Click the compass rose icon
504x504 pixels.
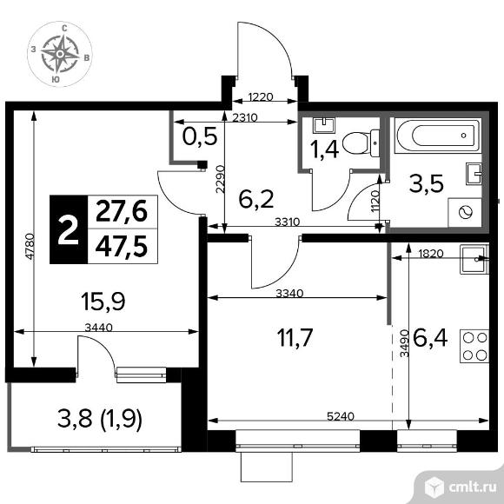click(x=60, y=54)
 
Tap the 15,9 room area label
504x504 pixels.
click(x=103, y=302)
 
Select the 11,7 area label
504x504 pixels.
click(x=295, y=337)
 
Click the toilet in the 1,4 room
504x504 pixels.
click(x=361, y=143)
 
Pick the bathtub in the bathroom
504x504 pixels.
click(x=439, y=136)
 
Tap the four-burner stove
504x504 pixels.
click(x=474, y=346)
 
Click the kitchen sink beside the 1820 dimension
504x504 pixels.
click(x=474, y=259)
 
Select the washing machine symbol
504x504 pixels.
click(x=465, y=213)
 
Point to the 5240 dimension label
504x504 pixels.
click(x=341, y=416)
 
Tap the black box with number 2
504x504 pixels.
click(x=69, y=229)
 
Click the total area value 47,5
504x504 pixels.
click(x=122, y=247)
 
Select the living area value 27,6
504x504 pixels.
click(x=122, y=211)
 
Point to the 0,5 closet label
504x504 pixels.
click(x=200, y=136)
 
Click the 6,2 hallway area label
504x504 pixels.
click(x=256, y=199)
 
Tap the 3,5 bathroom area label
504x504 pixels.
click(x=426, y=184)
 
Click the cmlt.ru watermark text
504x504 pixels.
click(x=473, y=487)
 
